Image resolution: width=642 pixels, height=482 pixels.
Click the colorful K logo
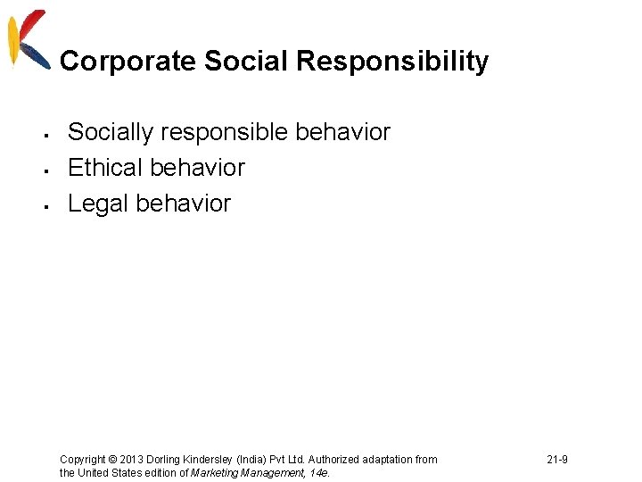27,37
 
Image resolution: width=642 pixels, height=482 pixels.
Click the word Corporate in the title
128,62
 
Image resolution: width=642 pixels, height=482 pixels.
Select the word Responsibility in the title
392,62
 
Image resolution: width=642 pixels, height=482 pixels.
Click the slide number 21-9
557,460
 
